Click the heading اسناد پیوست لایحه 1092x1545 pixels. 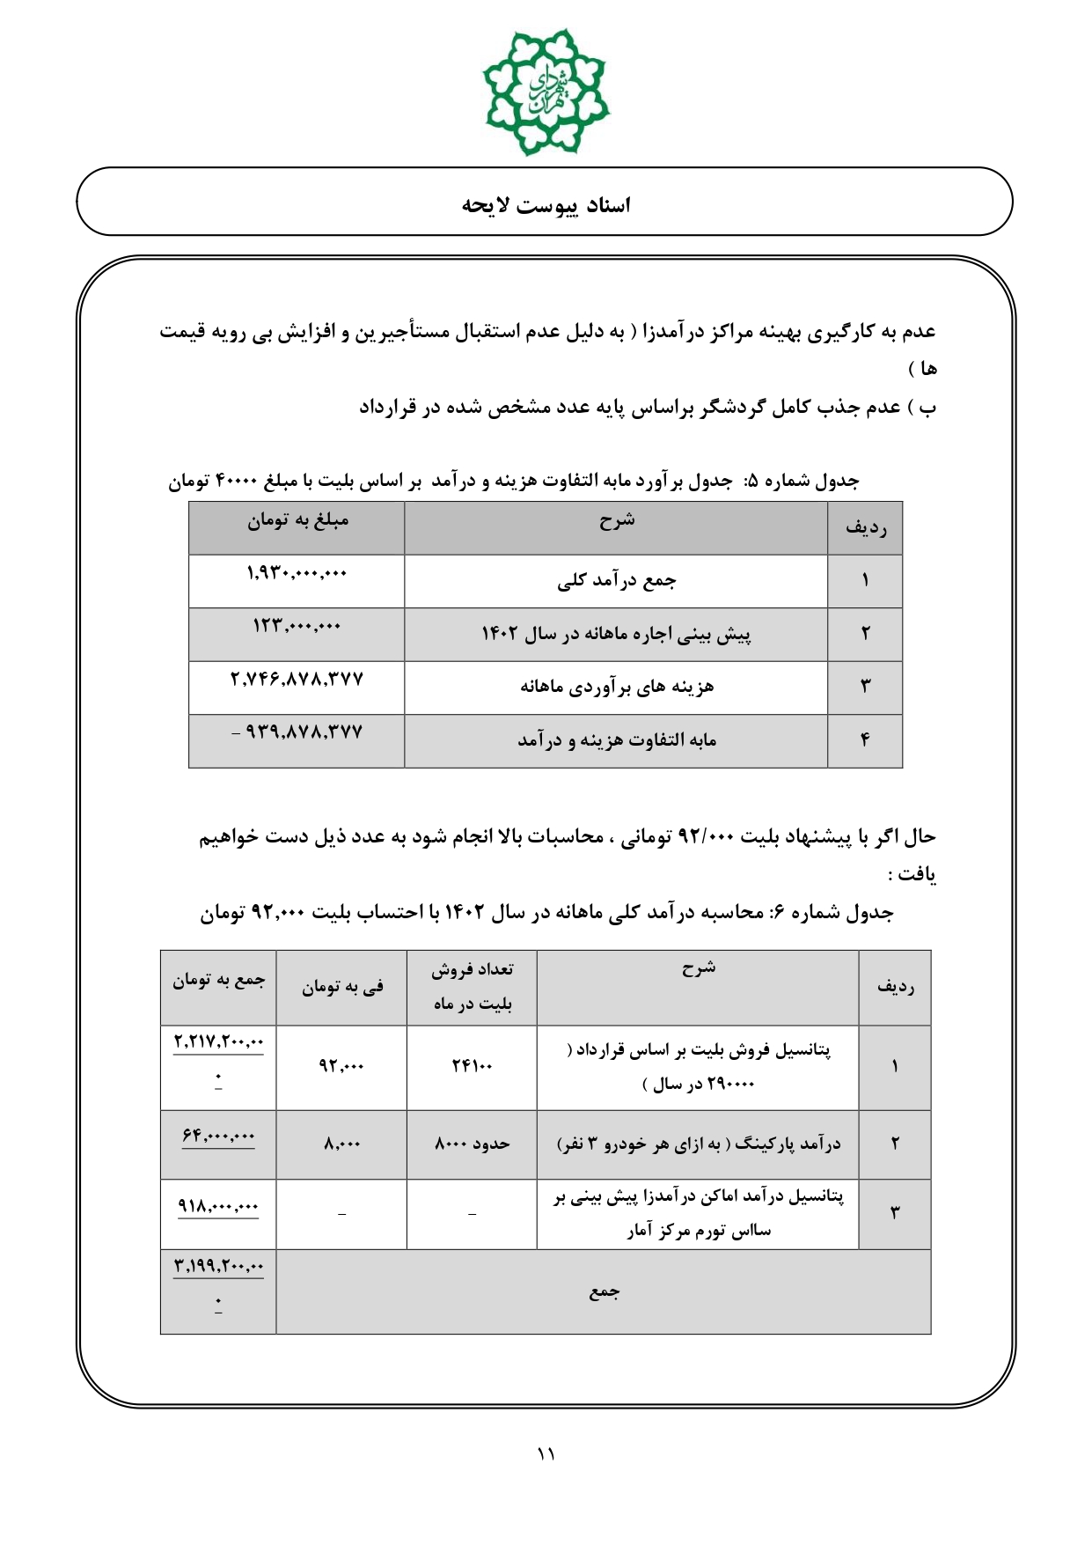[x=546, y=205]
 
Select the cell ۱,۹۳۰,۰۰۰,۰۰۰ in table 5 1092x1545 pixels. [x=297, y=574]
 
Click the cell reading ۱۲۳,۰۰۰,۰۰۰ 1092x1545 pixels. [x=297, y=626]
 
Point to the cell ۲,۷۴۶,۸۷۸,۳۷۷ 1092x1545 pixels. [x=297, y=680]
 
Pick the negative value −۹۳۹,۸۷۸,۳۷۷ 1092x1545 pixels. [x=297, y=732]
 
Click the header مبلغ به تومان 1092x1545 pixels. [x=297, y=521]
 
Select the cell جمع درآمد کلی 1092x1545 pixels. [x=616, y=581]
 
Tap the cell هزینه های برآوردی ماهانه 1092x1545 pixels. [x=616, y=687]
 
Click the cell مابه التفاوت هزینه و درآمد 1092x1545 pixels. [x=616, y=740]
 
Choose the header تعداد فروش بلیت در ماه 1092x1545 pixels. [x=472, y=987]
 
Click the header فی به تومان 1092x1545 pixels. [x=341, y=988]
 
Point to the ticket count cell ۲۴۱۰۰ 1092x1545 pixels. [x=472, y=1067]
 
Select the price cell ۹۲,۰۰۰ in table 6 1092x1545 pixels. [x=341, y=1067]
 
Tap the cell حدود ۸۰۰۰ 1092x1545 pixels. [x=472, y=1144]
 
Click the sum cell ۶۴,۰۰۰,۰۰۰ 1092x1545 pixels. [x=218, y=1137]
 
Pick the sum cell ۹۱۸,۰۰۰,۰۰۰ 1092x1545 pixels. [x=218, y=1207]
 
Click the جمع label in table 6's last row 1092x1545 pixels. [x=604, y=1292]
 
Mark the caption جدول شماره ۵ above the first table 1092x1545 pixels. [x=514, y=482]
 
